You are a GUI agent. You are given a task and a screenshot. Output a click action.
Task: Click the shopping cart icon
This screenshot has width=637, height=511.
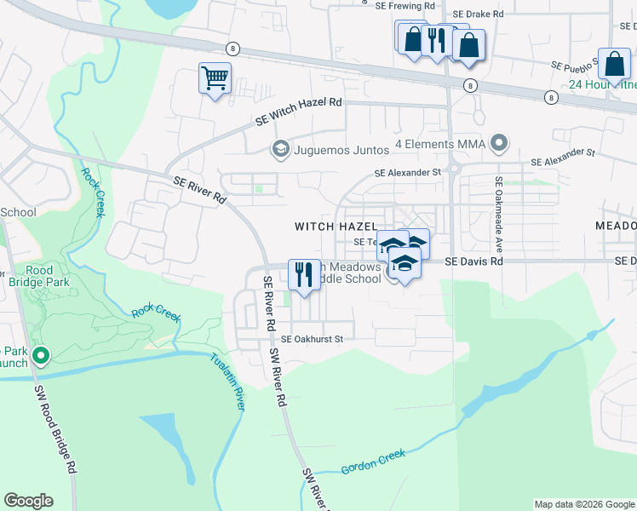[x=215, y=78]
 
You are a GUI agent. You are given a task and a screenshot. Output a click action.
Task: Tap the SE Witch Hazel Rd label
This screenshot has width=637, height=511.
[x=299, y=112]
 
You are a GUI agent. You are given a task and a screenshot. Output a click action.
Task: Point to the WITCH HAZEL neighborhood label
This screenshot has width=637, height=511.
[x=336, y=227]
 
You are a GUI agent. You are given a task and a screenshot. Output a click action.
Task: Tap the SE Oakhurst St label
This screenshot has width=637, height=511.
[x=312, y=339]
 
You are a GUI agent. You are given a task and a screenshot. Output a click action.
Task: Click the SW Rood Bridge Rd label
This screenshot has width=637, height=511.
[x=56, y=429]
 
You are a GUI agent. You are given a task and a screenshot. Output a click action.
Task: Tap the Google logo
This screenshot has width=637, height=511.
[x=28, y=501]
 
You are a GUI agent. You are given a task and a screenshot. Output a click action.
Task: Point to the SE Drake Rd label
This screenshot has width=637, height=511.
[x=479, y=14]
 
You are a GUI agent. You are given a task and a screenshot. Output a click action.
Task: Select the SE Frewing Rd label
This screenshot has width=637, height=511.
[x=405, y=5]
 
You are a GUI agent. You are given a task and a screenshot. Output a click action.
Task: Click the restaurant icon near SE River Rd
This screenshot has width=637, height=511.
[x=304, y=274]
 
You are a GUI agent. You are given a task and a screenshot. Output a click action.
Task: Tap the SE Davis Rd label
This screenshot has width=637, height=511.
[x=473, y=261]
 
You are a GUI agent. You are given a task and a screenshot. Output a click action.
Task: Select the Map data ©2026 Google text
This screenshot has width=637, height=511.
[x=583, y=504]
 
